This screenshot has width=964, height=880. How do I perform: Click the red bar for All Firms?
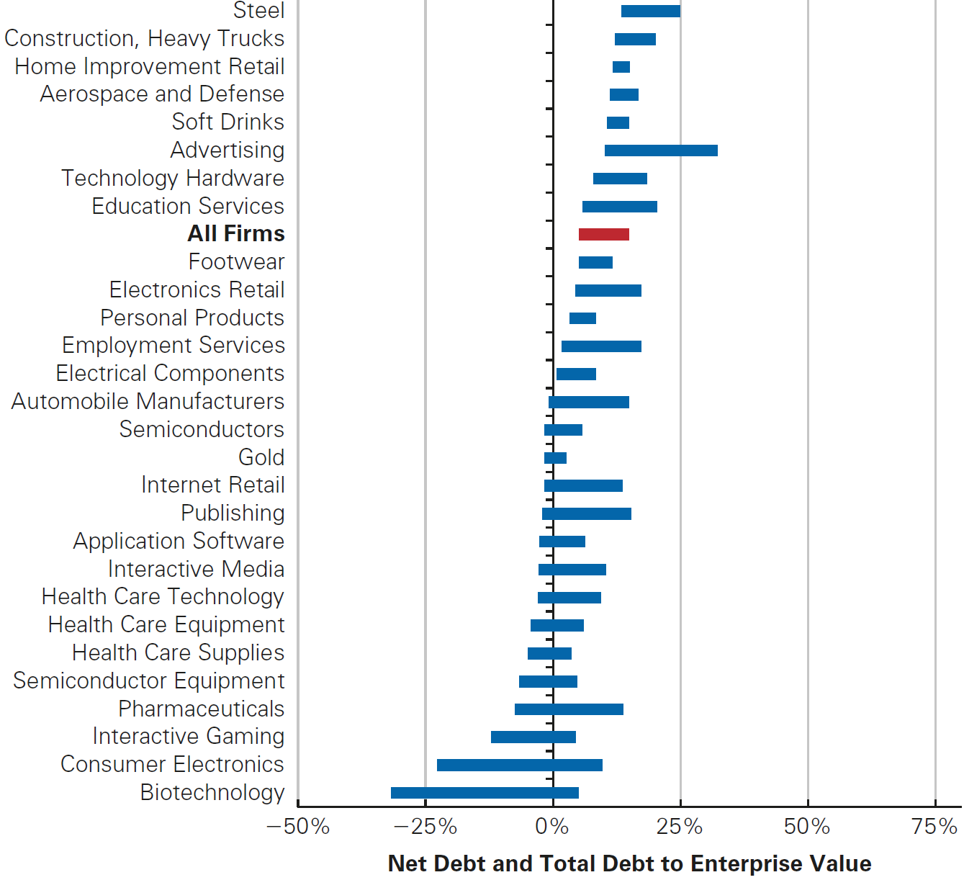click(603, 234)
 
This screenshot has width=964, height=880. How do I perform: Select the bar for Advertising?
click(661, 151)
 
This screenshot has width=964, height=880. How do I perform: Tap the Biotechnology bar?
click(485, 793)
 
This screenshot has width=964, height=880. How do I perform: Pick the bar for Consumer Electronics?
click(519, 765)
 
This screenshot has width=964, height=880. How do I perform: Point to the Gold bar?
click(555, 458)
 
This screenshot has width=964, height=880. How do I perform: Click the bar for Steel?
click(650, 11)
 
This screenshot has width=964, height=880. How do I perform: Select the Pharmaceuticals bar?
click(569, 709)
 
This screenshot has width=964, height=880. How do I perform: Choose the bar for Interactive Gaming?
click(533, 737)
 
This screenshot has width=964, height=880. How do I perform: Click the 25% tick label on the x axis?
click(679, 827)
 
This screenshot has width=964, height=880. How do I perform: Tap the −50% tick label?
click(297, 827)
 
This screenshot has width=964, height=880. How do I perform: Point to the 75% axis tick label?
click(934, 827)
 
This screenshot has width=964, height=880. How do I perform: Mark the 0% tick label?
click(552, 827)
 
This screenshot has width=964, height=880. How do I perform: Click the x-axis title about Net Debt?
click(629, 863)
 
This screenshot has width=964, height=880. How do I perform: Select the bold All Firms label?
click(236, 234)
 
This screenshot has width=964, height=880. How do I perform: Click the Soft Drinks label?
click(228, 122)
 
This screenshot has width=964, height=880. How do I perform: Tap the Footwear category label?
click(236, 262)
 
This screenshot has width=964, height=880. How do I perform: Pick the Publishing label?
click(233, 513)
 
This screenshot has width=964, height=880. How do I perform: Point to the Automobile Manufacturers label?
click(148, 402)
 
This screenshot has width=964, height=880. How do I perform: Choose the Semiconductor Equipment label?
click(148, 681)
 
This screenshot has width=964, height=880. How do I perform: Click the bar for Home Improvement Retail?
click(621, 67)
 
